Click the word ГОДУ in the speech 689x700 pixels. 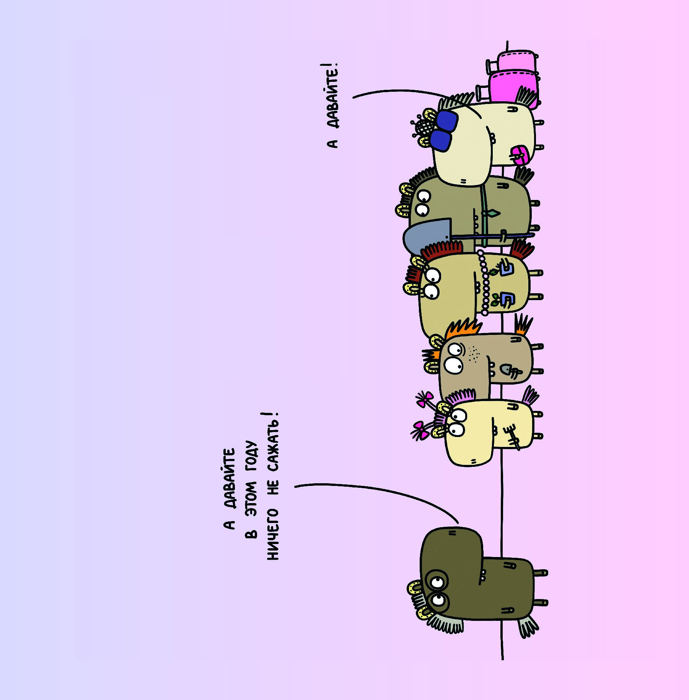click(251, 457)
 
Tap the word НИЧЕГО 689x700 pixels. click(273, 534)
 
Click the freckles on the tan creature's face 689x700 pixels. click(474, 354)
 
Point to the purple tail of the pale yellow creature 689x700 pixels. click(530, 396)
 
